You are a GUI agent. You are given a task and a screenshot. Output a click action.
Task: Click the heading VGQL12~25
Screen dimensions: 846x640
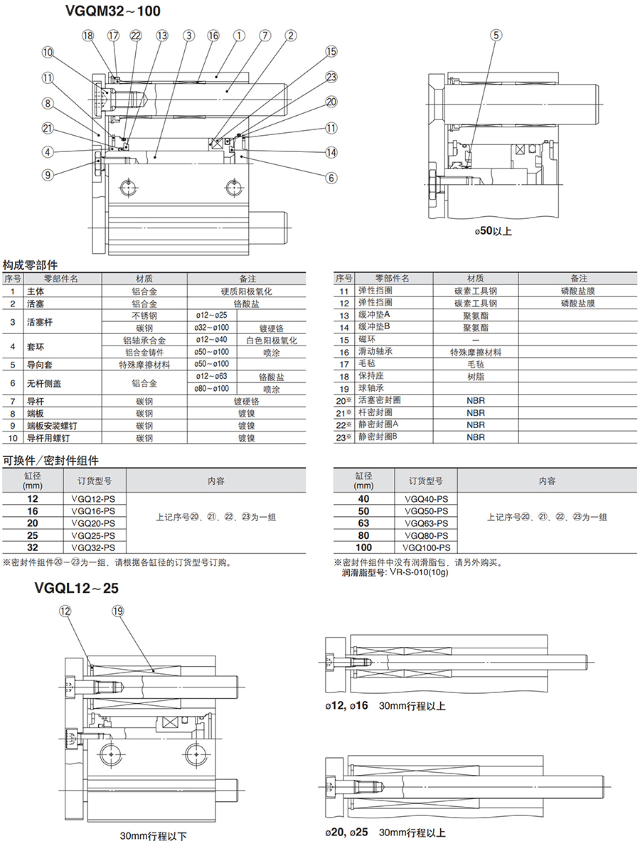coord(77,588)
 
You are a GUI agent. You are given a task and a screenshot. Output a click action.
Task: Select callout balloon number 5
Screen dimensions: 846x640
coord(496,35)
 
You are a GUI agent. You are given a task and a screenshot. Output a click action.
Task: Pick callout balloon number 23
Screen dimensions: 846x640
coord(331,77)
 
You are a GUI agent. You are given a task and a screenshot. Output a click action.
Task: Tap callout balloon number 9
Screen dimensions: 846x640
coord(48,174)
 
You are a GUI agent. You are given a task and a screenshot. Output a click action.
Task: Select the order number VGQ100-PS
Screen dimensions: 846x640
coord(426,547)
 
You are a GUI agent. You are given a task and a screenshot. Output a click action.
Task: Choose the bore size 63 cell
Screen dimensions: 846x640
coord(363,523)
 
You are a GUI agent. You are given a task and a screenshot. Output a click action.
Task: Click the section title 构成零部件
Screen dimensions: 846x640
coord(31,264)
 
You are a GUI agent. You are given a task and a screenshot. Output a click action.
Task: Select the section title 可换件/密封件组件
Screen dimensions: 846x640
coord(50,460)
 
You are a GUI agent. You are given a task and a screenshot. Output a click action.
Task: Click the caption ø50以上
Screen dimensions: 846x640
coord(493,231)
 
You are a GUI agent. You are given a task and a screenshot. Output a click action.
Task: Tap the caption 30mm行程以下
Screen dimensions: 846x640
coord(154,836)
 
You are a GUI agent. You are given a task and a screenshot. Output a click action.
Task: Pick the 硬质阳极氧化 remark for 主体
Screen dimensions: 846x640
coord(247,291)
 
